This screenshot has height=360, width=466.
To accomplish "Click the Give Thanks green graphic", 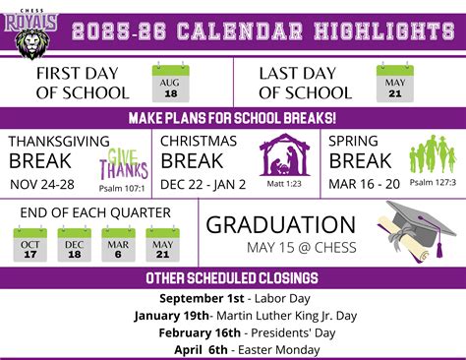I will pos(120,163).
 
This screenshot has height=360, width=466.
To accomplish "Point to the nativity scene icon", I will pos(284,155).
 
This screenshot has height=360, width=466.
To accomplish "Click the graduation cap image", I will pos(420,228).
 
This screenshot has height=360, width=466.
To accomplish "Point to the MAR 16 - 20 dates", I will pos(365,184).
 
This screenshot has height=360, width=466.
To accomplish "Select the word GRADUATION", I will pos(281,225).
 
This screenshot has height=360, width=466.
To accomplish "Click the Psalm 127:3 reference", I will pos(433,183).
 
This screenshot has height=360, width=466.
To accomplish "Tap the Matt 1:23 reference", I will pos(284,183).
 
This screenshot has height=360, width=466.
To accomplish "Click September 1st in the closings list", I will pos(200,299).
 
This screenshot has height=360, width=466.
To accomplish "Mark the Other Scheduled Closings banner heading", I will pos(232,277).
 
